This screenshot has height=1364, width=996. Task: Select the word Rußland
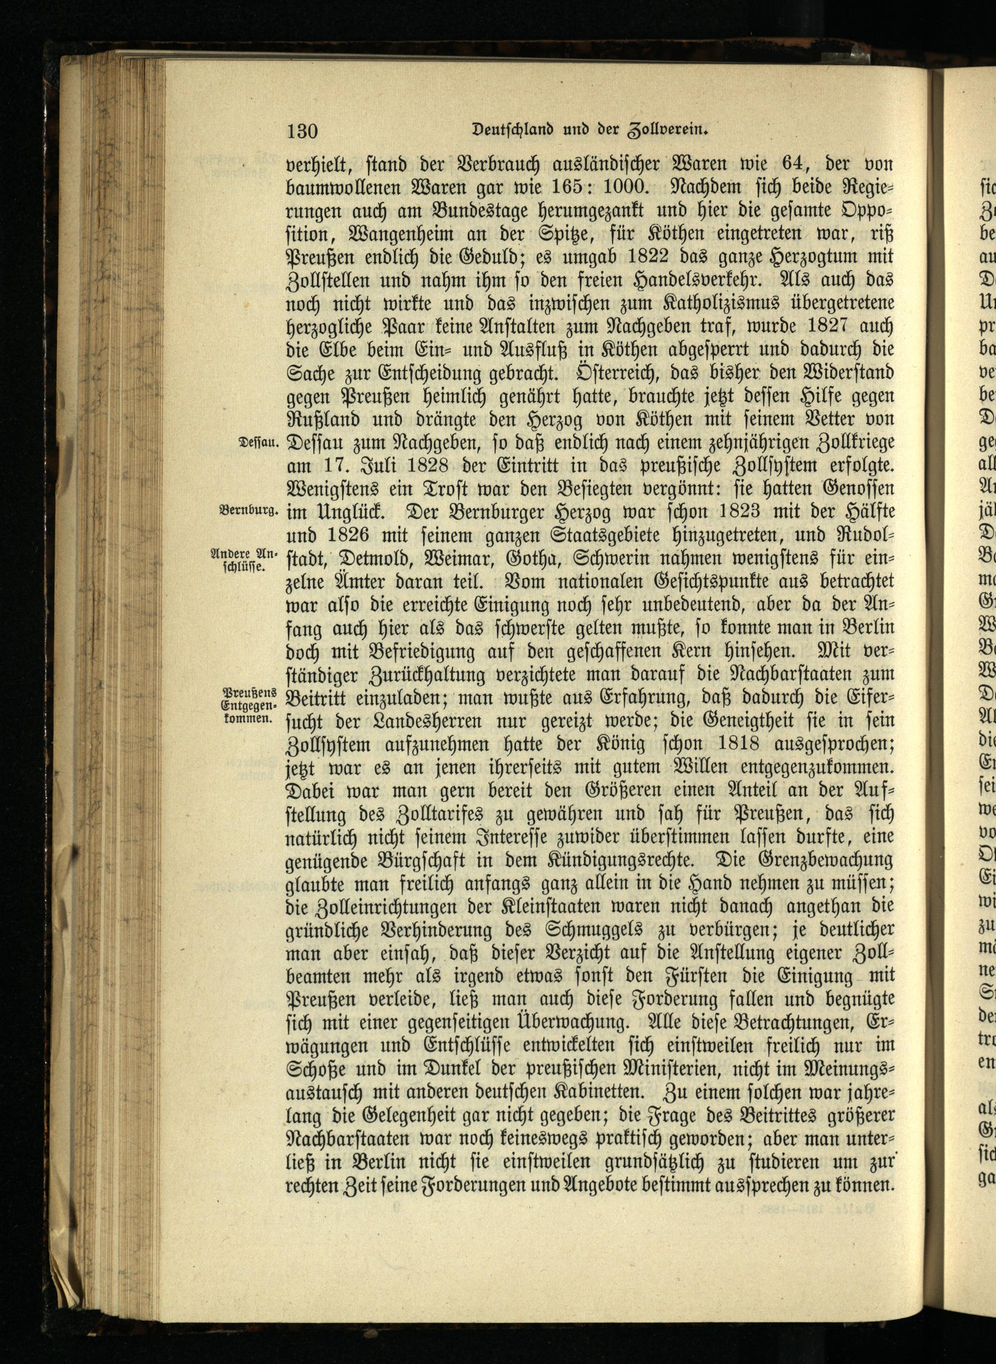point(323,419)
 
